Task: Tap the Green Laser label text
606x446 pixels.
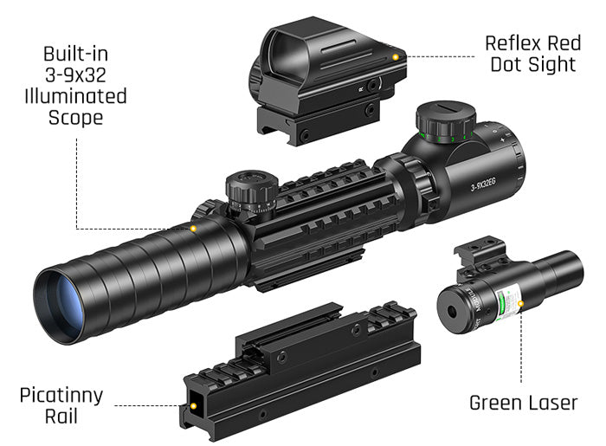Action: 522,403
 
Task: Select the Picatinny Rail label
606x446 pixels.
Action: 61,406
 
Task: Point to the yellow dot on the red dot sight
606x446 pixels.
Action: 395,56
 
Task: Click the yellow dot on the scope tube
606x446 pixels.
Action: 193,229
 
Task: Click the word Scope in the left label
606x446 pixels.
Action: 75,117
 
